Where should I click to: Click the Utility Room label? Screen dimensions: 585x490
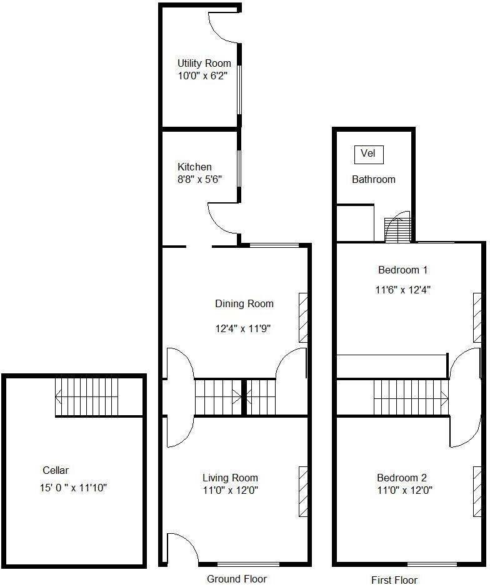click(204, 63)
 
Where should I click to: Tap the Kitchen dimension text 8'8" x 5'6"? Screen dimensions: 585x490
click(200, 179)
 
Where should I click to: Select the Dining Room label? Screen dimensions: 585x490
click(244, 304)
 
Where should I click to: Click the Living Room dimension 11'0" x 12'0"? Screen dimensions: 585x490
click(230, 490)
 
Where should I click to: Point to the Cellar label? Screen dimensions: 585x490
click(56, 470)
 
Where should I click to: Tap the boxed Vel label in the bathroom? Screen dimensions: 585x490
click(368, 154)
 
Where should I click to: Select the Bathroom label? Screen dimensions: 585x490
click(374, 179)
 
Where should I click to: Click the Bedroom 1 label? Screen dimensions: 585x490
click(402, 270)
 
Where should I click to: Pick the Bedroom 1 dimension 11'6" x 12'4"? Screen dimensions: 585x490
click(404, 290)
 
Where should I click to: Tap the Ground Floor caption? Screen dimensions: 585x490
click(236, 579)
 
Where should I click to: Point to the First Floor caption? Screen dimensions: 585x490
click(394, 580)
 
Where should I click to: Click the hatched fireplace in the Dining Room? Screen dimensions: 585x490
click(303, 317)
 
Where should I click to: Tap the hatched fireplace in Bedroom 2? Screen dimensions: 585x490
click(477, 491)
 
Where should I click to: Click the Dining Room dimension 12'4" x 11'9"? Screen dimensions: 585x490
click(244, 328)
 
